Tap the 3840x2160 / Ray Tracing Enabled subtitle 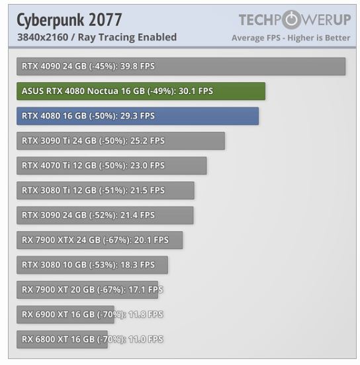point(97,37)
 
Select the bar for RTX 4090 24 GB point(181,66)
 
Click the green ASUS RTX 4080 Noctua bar point(140,91)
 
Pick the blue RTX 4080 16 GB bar point(137,116)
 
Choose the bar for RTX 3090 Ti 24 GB point(120,140)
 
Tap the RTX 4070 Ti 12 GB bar point(111,166)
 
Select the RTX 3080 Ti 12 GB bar point(105,190)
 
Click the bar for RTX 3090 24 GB point(105,215)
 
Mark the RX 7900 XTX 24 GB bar point(99,240)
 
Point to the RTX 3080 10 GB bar point(92,265)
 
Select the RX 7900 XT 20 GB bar point(87,289)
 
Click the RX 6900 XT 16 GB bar point(65,315)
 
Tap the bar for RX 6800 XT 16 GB point(62,339)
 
